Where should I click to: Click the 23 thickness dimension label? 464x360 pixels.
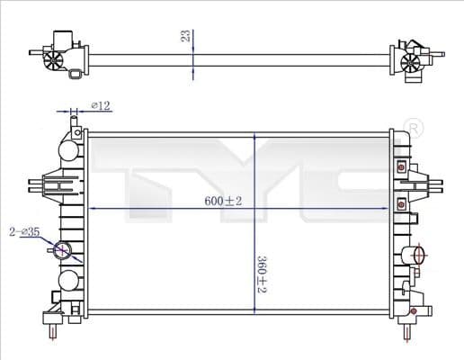point(185,35)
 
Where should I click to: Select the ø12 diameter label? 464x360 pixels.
point(101,106)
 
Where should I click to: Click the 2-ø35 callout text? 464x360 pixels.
point(24,231)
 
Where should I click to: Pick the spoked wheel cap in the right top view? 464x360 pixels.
point(411,61)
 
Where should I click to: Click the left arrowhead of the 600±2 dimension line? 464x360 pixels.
point(93,209)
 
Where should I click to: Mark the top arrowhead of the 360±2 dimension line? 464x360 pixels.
point(256,138)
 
